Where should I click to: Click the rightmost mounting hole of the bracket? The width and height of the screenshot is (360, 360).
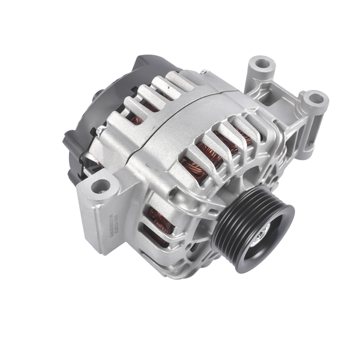[314, 98]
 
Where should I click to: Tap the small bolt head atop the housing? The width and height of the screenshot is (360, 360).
[203, 73]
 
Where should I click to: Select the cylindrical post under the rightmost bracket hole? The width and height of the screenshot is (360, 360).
[312, 129]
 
